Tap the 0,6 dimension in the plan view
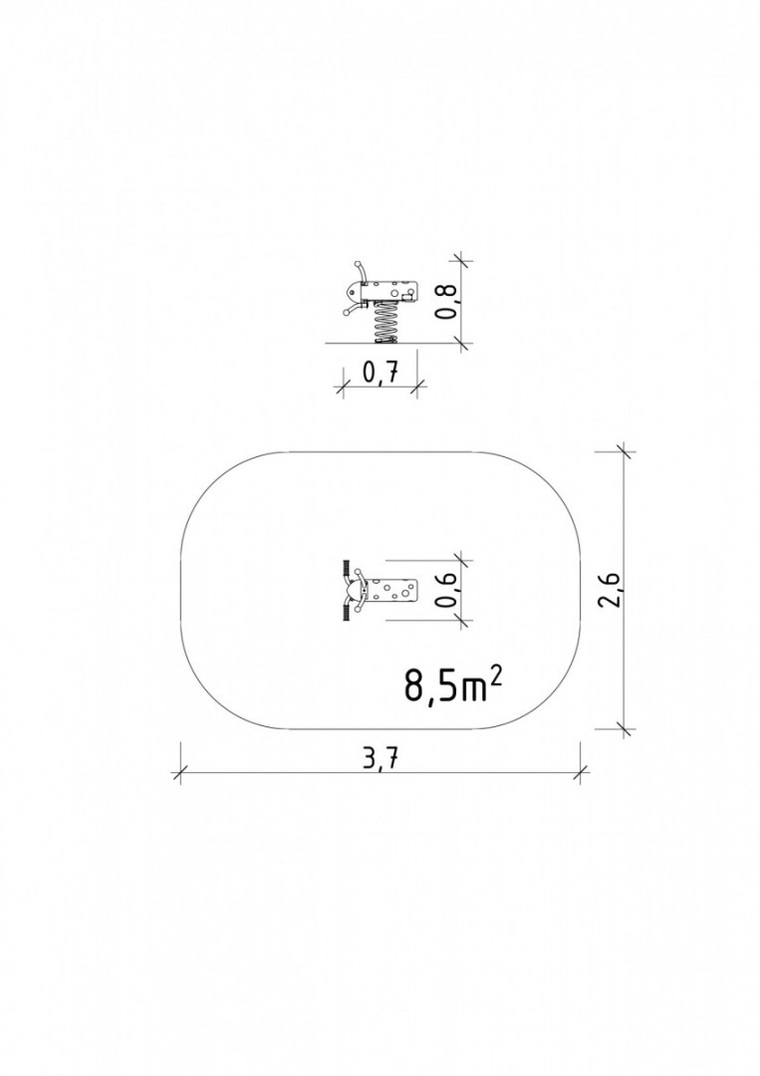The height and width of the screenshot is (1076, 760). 447,590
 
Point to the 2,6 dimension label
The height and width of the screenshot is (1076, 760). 610,589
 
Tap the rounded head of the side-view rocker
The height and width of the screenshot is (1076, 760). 353,293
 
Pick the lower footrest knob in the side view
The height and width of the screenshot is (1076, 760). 347,312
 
